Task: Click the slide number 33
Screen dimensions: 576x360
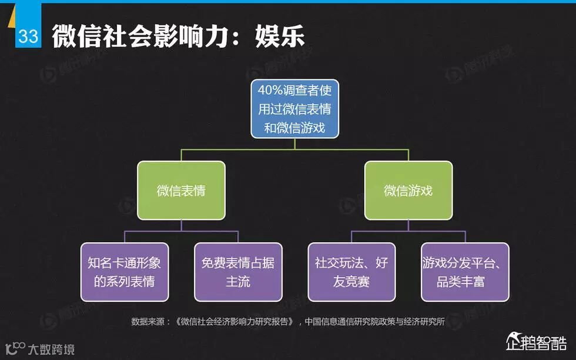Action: (x=28, y=36)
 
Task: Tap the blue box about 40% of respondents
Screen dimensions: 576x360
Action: (x=294, y=109)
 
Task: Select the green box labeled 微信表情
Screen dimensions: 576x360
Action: (x=181, y=191)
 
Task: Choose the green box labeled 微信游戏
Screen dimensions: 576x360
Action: (x=408, y=191)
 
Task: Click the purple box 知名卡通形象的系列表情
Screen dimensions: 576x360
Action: (x=125, y=272)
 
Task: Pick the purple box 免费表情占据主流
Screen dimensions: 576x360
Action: (x=238, y=272)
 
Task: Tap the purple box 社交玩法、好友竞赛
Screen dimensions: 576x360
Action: (x=351, y=272)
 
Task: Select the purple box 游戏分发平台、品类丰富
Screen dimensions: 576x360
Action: (x=465, y=272)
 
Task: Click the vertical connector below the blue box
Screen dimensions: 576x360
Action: (x=294, y=144)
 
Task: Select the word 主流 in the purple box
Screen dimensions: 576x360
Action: (x=238, y=281)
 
